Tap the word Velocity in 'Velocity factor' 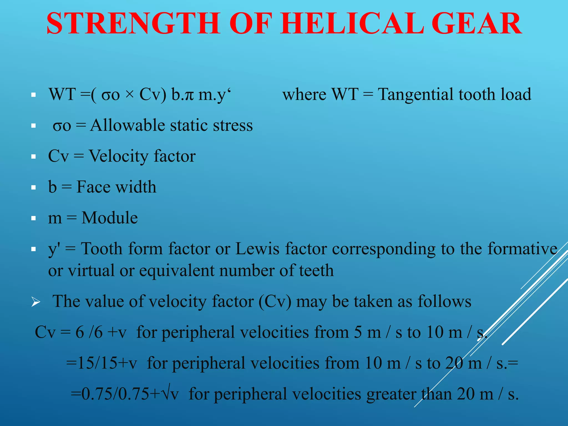(x=119, y=156)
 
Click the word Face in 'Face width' (x=93, y=187)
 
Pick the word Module (x=110, y=218)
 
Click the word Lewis (x=257, y=248)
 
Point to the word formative (x=522, y=248)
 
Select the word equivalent (x=177, y=271)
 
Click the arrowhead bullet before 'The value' (x=36, y=302)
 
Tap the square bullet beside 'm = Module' (x=34, y=218)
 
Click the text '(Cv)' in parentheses (x=275, y=302)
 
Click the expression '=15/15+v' (x=102, y=363)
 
